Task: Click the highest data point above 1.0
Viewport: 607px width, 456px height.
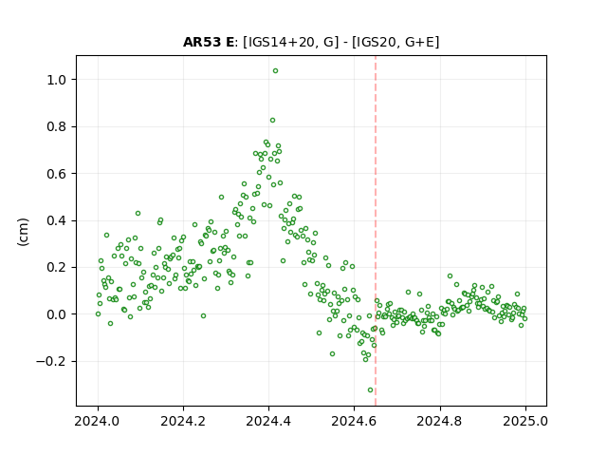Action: pyautogui.click(x=275, y=71)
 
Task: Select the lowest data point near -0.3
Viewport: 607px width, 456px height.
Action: pyautogui.click(x=370, y=390)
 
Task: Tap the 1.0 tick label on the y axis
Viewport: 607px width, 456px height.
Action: pyautogui.click(x=57, y=80)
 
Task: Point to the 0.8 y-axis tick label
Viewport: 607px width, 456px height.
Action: pyautogui.click(x=57, y=126)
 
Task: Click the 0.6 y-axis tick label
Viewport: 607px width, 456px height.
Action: pyautogui.click(x=57, y=174)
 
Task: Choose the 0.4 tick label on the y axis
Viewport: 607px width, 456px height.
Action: pyautogui.click(x=57, y=220)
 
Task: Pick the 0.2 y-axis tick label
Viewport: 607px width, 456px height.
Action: pyautogui.click(x=57, y=268)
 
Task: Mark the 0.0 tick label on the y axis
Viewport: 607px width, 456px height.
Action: pyautogui.click(x=57, y=314)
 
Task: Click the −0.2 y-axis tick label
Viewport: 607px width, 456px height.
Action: pyautogui.click(x=51, y=361)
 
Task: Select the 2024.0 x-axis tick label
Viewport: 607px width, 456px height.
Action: pyautogui.click(x=98, y=421)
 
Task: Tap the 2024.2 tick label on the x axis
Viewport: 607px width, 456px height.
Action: pyautogui.click(x=183, y=421)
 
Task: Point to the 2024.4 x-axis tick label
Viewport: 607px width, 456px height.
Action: pyautogui.click(x=268, y=421)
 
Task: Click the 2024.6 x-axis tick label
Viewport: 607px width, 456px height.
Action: pyautogui.click(x=354, y=421)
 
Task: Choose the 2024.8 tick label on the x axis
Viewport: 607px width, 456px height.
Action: pyautogui.click(x=440, y=421)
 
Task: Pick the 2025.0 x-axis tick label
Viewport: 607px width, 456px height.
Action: pyautogui.click(x=525, y=421)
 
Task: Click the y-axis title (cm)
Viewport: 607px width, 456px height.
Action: pyautogui.click(x=23, y=232)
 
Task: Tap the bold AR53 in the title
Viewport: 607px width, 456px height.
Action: pyautogui.click(x=201, y=42)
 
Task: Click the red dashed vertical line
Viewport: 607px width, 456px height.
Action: pyautogui.click(x=376, y=231)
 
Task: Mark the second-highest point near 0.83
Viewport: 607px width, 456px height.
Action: pyautogui.click(x=272, y=121)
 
